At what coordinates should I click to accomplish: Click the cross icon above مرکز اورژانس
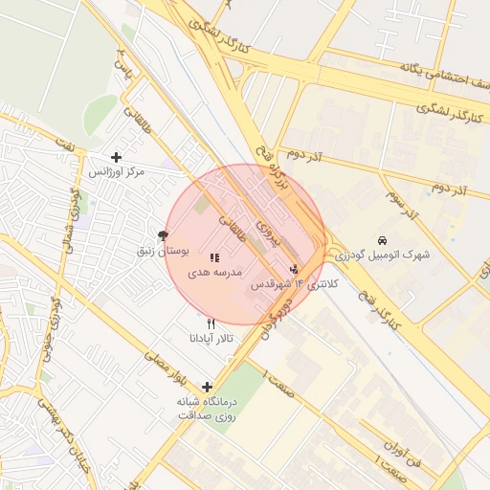pyautogui.click(x=117, y=157)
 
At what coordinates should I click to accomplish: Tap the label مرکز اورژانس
pyautogui.click(x=117, y=172)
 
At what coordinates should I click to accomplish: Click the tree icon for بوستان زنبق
pyautogui.click(x=163, y=235)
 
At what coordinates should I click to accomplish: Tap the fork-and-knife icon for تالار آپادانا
pyautogui.click(x=211, y=323)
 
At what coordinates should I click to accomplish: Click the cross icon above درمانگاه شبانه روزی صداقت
pyautogui.click(x=207, y=387)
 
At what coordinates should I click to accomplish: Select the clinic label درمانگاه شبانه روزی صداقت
pyautogui.click(x=208, y=409)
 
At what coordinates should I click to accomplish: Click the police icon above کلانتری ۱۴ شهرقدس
pyautogui.click(x=294, y=269)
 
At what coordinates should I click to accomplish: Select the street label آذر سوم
pyautogui.click(x=404, y=203)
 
